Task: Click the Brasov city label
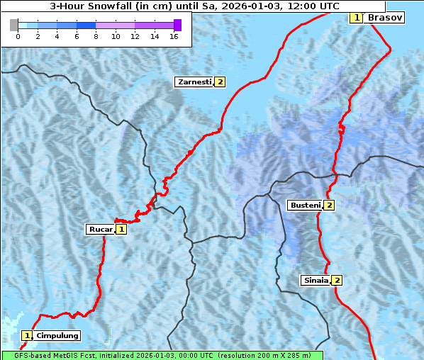pyautogui.click(x=384, y=17)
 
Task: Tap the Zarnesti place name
pyautogui.click(x=194, y=82)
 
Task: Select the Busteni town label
pyautogui.click(x=306, y=206)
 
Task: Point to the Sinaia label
pyautogui.click(x=316, y=280)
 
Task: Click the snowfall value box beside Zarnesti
pyautogui.click(x=221, y=82)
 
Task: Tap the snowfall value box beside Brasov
pyautogui.click(x=357, y=17)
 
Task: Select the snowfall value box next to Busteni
pyautogui.click(x=329, y=206)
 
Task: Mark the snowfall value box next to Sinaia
pyautogui.click(x=337, y=280)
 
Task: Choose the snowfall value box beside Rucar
pyautogui.click(x=121, y=229)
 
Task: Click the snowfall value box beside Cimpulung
pyautogui.click(x=27, y=335)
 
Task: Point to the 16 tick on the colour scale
pyautogui.click(x=174, y=36)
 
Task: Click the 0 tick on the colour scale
pyautogui.click(x=18, y=36)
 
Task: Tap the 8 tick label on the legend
pyautogui.click(x=96, y=36)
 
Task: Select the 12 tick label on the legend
pyautogui.click(x=135, y=36)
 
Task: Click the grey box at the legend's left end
pyautogui.click(x=14, y=26)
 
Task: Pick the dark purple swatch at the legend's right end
pyautogui.click(x=177, y=26)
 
